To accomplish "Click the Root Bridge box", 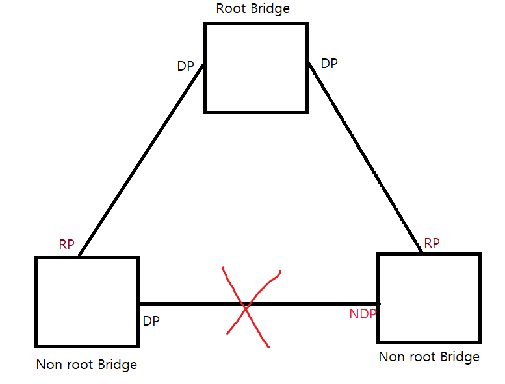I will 255,68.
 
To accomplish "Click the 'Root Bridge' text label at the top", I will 253,9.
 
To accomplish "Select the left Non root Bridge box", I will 86,301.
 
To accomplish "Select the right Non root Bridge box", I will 429,298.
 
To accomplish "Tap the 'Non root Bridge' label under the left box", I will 86,365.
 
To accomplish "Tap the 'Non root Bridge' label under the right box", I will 429,357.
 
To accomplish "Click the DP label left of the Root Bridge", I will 185,66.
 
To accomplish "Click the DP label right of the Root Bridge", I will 330,64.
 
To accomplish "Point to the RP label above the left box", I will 66,245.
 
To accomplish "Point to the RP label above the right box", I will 432,243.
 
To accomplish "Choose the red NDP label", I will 363,315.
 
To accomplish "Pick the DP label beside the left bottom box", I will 151,320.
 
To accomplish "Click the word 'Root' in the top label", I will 230,9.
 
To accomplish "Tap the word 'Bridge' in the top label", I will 268,9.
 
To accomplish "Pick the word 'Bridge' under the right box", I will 458,357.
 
